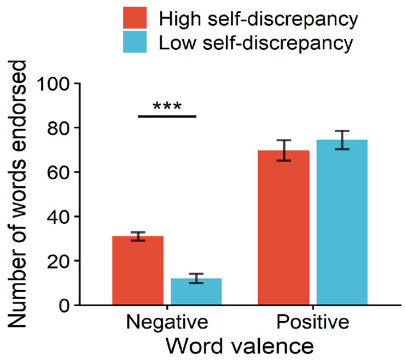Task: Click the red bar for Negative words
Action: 138,271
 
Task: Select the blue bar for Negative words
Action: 196,292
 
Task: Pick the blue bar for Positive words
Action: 342,222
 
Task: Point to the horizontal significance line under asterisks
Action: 167,116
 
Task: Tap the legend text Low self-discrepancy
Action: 256,43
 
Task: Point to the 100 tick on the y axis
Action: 54,84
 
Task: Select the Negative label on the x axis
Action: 166,323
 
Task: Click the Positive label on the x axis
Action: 312,323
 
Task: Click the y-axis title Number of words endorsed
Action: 19,193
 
